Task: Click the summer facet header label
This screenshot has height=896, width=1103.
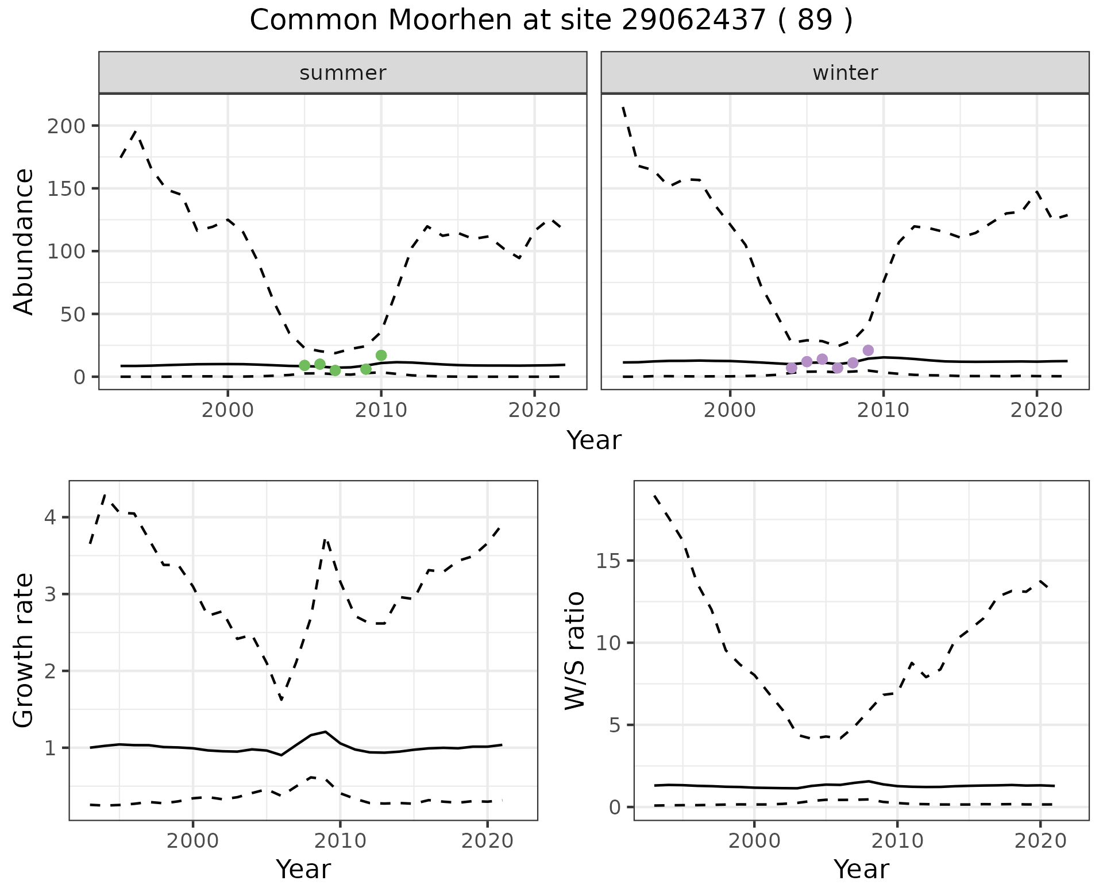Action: point(343,73)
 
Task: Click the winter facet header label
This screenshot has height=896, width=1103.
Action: point(845,73)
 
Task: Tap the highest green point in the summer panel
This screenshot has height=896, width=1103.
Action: point(381,356)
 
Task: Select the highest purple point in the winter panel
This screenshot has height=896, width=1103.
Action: point(868,350)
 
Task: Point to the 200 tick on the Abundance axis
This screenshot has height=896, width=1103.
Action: point(65,126)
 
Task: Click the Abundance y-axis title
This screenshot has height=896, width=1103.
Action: point(24,242)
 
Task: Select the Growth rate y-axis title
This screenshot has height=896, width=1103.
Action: point(24,650)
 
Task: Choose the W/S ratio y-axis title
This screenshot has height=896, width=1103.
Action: point(575,650)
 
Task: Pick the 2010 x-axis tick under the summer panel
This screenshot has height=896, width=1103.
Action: point(381,410)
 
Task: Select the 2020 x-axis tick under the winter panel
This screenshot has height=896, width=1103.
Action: point(1037,410)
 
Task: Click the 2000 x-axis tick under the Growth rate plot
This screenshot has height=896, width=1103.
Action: point(193,841)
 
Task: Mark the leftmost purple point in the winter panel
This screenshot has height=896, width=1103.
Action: point(792,368)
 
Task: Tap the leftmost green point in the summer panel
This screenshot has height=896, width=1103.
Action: point(304,365)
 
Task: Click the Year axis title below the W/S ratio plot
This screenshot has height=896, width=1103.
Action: point(861,869)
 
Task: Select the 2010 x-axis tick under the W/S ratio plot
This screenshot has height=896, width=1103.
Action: point(897,841)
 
